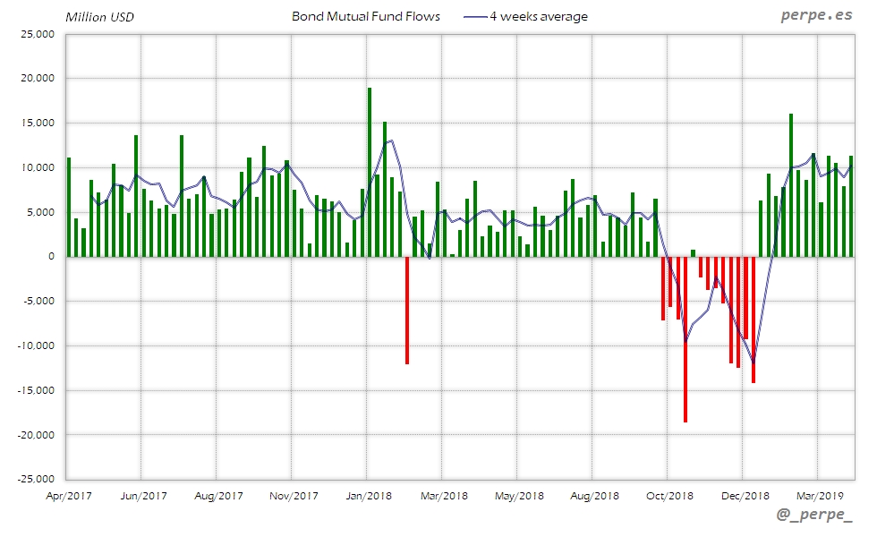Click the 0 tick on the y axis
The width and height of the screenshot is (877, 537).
pos(50,257)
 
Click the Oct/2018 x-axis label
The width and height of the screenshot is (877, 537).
pos(668,496)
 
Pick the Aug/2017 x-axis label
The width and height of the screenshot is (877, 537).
pos(217,496)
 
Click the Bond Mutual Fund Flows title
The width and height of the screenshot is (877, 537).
pos(366,16)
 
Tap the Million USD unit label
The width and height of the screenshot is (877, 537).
pos(99,17)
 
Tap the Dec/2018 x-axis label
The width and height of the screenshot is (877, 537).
pos(745,496)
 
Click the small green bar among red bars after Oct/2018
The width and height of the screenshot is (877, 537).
pos(693,252)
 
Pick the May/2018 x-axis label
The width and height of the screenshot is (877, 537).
pos(519,496)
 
